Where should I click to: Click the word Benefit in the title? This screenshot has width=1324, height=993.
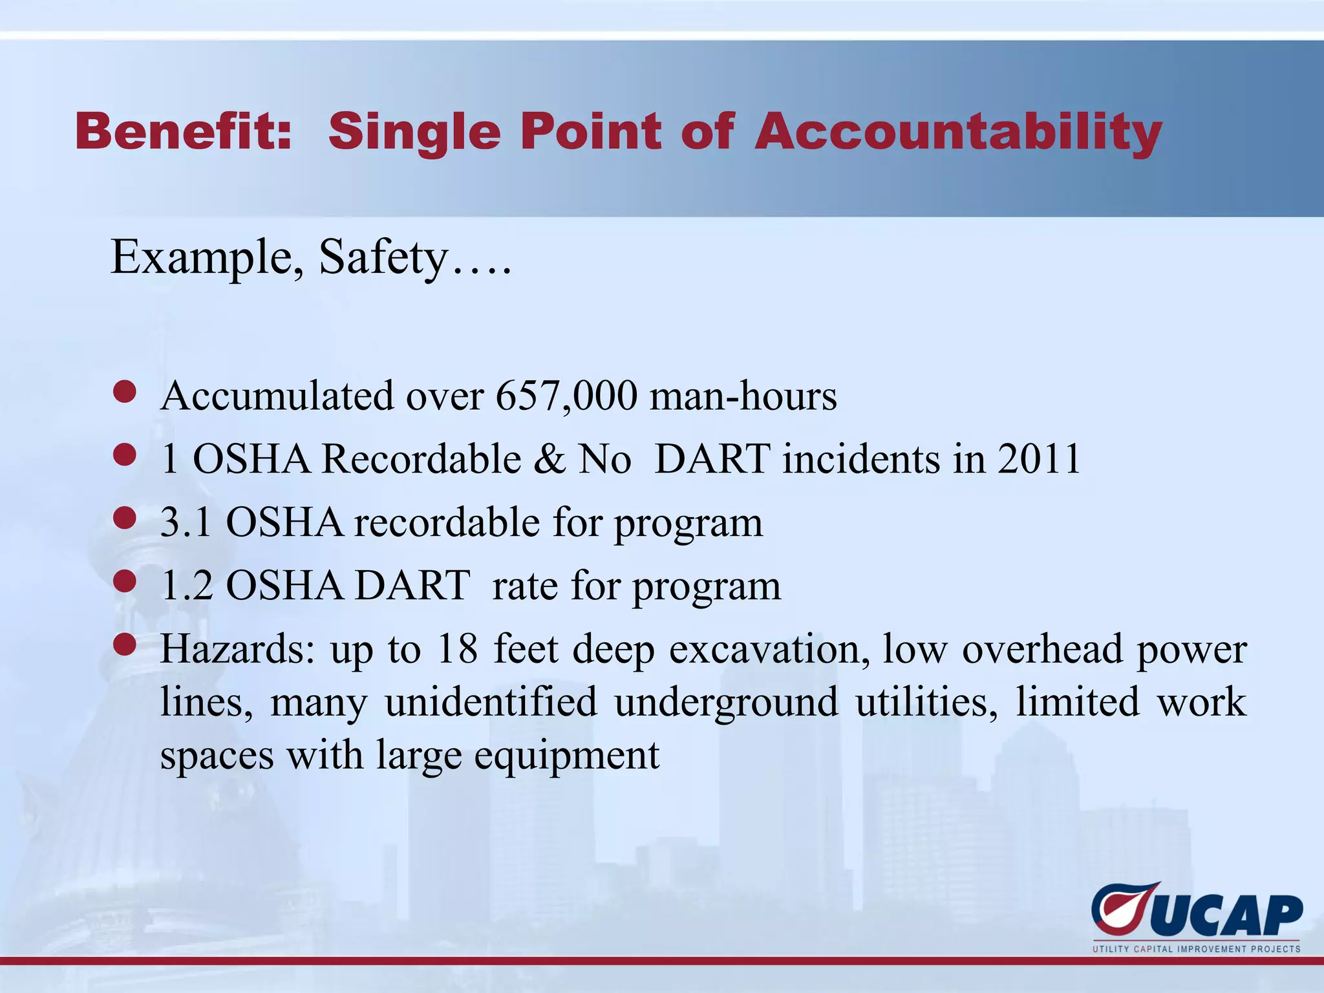183,131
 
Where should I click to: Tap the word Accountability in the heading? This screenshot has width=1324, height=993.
958,133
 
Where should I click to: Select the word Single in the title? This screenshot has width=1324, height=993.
414,133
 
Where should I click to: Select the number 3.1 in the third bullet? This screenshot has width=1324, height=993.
186,522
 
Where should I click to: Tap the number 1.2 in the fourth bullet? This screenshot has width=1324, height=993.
186,586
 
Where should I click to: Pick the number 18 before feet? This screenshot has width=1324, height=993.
457,648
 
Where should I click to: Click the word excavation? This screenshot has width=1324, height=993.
769,648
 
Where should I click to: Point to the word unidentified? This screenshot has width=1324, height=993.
491,702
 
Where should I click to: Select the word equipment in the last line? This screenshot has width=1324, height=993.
567,755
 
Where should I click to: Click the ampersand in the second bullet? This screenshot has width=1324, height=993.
550,459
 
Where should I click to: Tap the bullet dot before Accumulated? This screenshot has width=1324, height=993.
125,392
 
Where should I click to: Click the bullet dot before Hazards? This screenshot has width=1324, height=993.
125,645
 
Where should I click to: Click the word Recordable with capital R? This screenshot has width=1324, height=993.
422,459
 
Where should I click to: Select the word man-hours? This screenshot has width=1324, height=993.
743,396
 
